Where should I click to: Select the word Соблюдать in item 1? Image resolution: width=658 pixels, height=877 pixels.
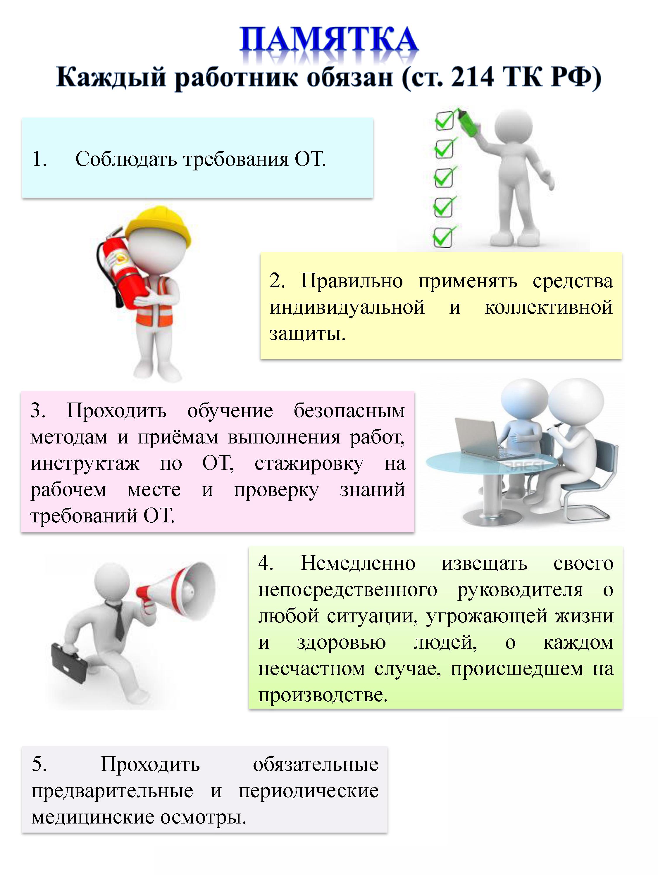coord(128,159)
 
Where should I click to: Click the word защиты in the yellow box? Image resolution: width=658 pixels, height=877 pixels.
coord(307,334)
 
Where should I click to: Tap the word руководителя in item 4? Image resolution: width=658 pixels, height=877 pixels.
coord(520,590)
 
